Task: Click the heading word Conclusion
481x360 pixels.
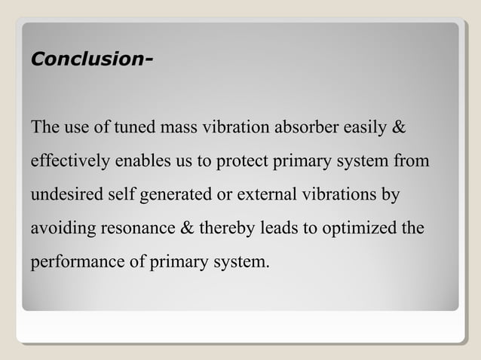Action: (x=85, y=59)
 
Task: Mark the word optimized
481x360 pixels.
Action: (x=358, y=229)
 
